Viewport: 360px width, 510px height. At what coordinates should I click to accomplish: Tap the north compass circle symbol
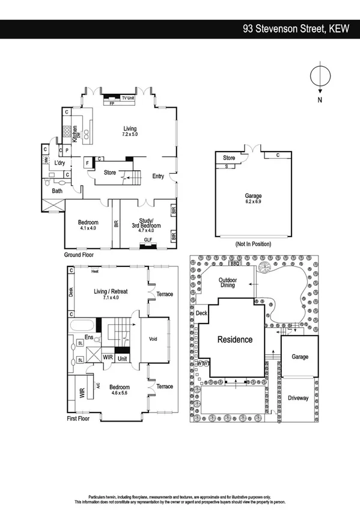319,77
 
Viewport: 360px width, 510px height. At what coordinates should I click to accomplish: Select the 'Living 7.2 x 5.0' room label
130,132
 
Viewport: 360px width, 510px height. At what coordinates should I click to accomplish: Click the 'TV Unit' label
127,97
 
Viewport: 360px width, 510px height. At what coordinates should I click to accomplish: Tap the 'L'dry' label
59,163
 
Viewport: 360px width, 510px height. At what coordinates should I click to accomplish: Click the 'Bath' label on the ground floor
57,191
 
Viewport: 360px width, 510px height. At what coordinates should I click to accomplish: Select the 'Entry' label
158,176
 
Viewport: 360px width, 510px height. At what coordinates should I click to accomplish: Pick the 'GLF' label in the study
147,239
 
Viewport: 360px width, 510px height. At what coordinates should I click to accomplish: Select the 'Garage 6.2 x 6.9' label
253,198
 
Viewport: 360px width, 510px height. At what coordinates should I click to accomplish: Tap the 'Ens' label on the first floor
89,338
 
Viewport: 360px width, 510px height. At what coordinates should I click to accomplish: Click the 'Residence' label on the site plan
235,339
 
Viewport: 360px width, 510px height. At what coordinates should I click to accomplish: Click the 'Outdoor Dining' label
228,283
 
